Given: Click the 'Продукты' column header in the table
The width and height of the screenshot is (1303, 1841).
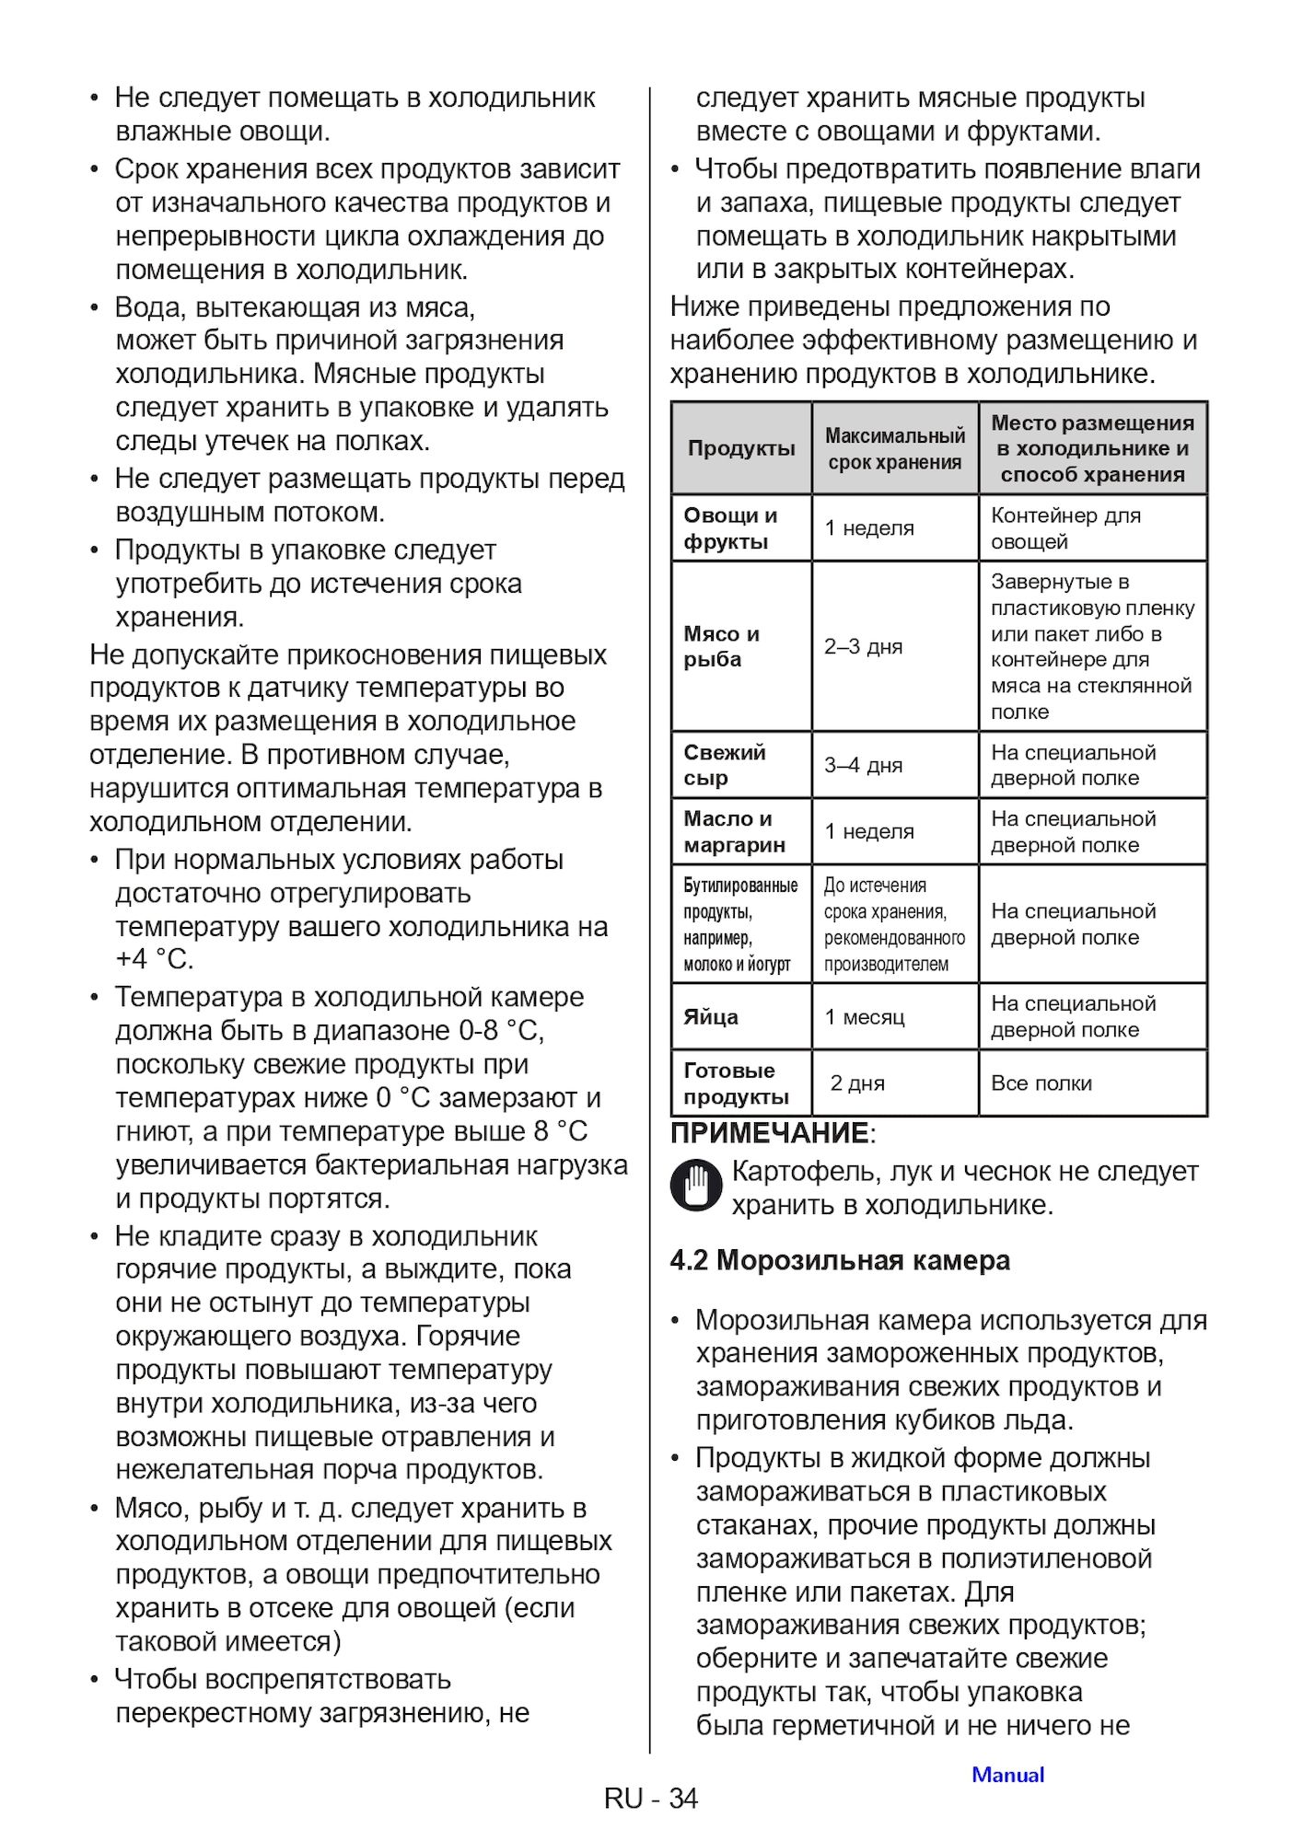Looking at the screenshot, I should pos(741,448).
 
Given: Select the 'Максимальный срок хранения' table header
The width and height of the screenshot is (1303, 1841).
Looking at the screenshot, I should pos(894,448).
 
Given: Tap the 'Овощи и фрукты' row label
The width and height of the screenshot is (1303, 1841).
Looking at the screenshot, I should pos(730,528).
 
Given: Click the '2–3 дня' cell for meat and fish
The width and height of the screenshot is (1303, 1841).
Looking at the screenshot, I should pos(863,646).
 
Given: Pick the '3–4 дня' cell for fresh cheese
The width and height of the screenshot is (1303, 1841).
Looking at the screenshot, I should pos(863,765).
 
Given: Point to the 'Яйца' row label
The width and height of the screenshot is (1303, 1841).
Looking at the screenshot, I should pos(711,1017).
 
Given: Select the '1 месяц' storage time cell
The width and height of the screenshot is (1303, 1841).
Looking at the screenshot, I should pos(865,1017).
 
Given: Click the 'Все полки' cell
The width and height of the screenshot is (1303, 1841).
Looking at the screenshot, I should pos(1041,1083).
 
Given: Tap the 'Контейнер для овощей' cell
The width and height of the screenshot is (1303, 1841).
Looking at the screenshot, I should pos(1065,528).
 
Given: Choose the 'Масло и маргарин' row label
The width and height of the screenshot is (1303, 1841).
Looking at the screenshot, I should pos(734,832).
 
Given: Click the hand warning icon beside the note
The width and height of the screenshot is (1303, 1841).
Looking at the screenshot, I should pos(697,1185).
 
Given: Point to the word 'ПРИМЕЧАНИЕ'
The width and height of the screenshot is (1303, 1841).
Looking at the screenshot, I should pos(770,1133).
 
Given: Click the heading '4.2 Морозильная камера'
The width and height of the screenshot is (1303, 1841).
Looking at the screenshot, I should pos(840,1260).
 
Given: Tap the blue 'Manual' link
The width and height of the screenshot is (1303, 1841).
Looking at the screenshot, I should pos(1008,1775).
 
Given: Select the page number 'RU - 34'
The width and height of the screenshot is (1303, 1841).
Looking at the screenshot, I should pos(651,1798).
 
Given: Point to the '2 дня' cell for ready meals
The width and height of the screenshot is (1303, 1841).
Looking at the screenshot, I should pos(857,1083).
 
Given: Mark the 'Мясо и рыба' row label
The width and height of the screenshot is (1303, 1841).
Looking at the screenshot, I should pos(721,646).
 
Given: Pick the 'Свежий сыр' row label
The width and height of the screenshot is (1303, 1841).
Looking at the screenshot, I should pos(724,765).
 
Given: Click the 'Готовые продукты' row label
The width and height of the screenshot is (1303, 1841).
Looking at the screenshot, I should pos(736,1083).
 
